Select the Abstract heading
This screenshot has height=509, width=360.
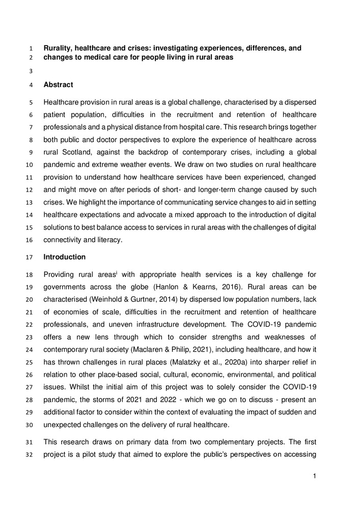click(58, 85)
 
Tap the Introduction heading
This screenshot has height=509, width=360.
click(65, 257)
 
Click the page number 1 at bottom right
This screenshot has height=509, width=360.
click(315, 476)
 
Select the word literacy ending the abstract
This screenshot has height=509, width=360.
click(110, 239)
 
